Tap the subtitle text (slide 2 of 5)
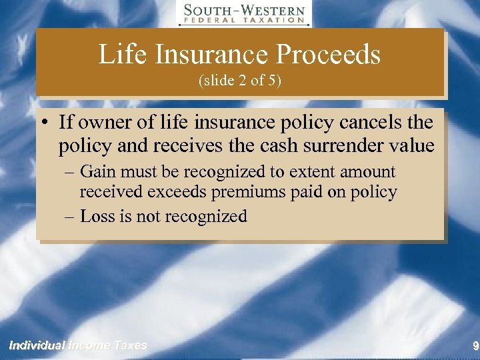(x=239, y=81)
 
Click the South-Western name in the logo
(x=244, y=11)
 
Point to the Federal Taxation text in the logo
(x=244, y=21)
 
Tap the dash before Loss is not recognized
(x=70, y=216)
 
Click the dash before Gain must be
(x=70, y=172)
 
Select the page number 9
(x=475, y=346)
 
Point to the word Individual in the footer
(x=36, y=345)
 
